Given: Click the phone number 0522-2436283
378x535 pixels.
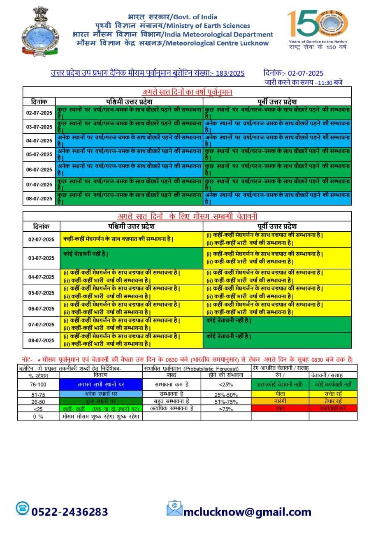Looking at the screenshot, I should click(x=70, y=512).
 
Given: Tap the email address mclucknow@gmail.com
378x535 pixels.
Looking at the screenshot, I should click(x=247, y=512).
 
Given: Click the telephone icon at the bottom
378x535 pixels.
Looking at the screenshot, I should click(x=23, y=509).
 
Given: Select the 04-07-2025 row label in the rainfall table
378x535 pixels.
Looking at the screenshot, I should click(x=39, y=141).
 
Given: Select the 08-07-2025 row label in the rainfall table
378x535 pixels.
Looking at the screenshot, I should click(x=39, y=198).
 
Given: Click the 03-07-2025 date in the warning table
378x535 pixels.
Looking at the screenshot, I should click(x=41, y=258).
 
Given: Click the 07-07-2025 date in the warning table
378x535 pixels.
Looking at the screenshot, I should click(x=41, y=325).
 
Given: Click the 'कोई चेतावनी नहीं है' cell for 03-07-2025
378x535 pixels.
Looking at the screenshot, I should click(x=86, y=254).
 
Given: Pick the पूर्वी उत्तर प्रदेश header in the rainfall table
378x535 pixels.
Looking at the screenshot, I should click(x=278, y=101).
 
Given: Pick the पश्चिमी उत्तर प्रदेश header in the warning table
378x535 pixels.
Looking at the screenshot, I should click(x=132, y=226).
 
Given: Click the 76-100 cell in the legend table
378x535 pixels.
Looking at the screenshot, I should click(x=38, y=384).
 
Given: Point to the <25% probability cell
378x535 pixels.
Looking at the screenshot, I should click(x=226, y=384).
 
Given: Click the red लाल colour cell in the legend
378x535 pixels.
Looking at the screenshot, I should click(x=280, y=409).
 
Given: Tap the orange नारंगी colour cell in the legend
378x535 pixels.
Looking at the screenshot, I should click(x=280, y=401).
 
